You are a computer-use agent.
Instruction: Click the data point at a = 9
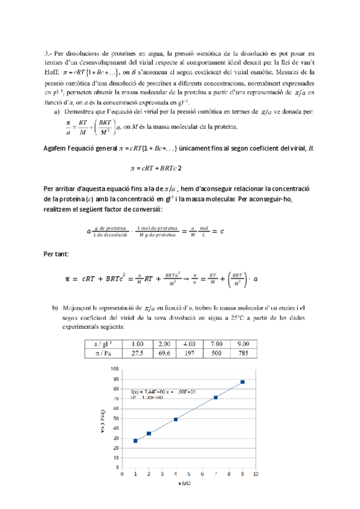[242, 382]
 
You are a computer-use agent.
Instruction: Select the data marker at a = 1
[136, 441]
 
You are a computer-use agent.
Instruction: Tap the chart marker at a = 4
[175, 419]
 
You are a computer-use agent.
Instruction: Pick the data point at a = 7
[215, 397]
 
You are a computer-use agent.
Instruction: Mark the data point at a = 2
[149, 433]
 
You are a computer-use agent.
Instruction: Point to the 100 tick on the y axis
[115, 369]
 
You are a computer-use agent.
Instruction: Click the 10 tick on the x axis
[256, 474]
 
